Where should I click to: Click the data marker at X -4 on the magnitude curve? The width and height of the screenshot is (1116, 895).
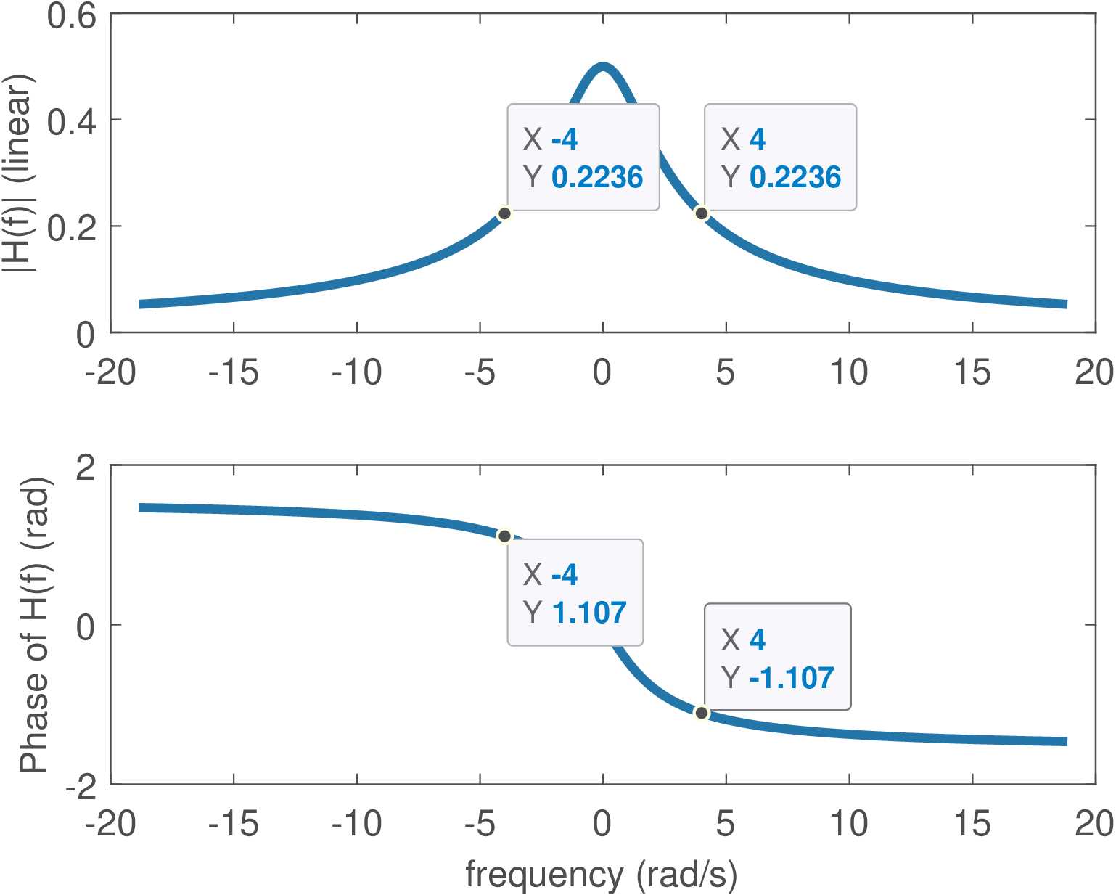pos(504,213)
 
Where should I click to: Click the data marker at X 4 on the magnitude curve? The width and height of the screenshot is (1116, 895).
pos(701,213)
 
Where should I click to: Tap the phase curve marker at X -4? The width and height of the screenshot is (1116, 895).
pos(504,536)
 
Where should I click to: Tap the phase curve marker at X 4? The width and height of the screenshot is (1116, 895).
pos(701,713)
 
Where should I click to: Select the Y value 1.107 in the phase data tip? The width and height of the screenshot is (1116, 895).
pos(588,613)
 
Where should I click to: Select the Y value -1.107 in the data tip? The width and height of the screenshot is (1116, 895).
pos(791,678)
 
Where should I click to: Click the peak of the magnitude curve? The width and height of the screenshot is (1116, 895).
pos(603,67)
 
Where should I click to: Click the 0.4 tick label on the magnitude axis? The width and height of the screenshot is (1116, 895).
pos(71,120)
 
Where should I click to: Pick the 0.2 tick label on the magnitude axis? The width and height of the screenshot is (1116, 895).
pos(71,227)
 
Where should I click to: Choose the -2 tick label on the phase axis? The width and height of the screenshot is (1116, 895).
pos(80,785)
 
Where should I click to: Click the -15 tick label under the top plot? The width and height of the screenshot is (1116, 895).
pos(233,372)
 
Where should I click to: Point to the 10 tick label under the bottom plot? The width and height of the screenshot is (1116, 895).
pos(848,824)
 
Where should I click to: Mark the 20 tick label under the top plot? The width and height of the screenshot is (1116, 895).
pos(1094,372)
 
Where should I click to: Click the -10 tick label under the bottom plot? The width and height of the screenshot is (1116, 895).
pos(356,824)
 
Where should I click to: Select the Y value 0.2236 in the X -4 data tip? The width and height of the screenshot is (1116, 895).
pos(597,177)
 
